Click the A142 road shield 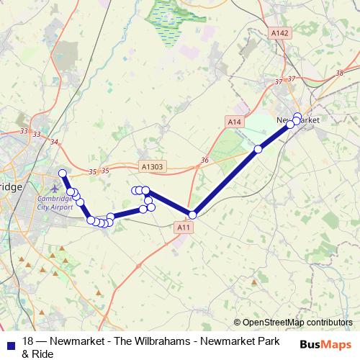[x=280, y=33]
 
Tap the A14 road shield [x=233, y=122]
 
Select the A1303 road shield [x=152, y=167]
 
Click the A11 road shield [x=184, y=227]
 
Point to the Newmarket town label [x=297, y=119]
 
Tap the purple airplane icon [x=56, y=178]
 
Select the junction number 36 [x=204, y=159]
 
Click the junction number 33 [x=25, y=130]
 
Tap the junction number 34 [x=55, y=142]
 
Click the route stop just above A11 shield [x=192, y=215]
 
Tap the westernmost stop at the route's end [x=63, y=173]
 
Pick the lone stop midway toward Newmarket [x=258, y=149]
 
